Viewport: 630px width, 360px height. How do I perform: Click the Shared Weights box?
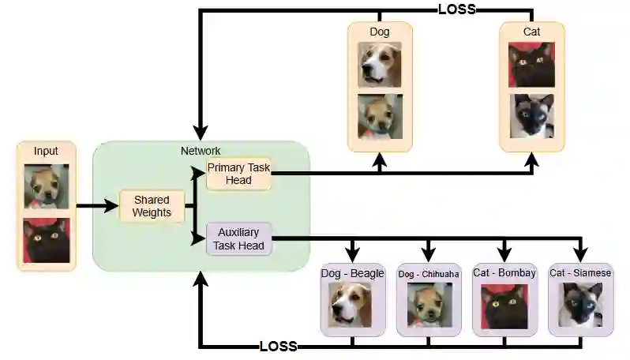click(152, 206)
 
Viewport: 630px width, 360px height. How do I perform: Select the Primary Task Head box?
click(238, 174)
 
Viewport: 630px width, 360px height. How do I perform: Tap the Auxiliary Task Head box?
click(238, 239)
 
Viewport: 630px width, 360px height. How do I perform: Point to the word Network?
click(201, 151)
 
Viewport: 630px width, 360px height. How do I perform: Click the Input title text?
click(46, 151)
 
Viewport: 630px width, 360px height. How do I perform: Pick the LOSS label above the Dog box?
click(457, 9)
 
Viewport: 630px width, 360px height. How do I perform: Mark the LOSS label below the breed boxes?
click(278, 347)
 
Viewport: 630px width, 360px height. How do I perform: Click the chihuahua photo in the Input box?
click(46, 186)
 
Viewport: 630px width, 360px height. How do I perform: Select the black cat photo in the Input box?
click(46, 241)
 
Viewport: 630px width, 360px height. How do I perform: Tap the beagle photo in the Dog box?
click(380, 65)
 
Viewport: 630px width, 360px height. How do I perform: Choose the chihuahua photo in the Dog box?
click(380, 117)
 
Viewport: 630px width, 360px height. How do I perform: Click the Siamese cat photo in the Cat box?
click(531, 117)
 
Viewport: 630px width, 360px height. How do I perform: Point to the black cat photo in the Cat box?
click(531, 65)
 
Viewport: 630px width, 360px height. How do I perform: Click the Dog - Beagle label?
click(352, 274)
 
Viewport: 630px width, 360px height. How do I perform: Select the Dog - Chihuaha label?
click(428, 274)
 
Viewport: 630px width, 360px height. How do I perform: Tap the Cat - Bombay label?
click(504, 273)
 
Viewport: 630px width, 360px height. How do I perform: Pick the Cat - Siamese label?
click(581, 273)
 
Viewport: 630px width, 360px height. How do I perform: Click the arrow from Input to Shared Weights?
click(96, 208)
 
